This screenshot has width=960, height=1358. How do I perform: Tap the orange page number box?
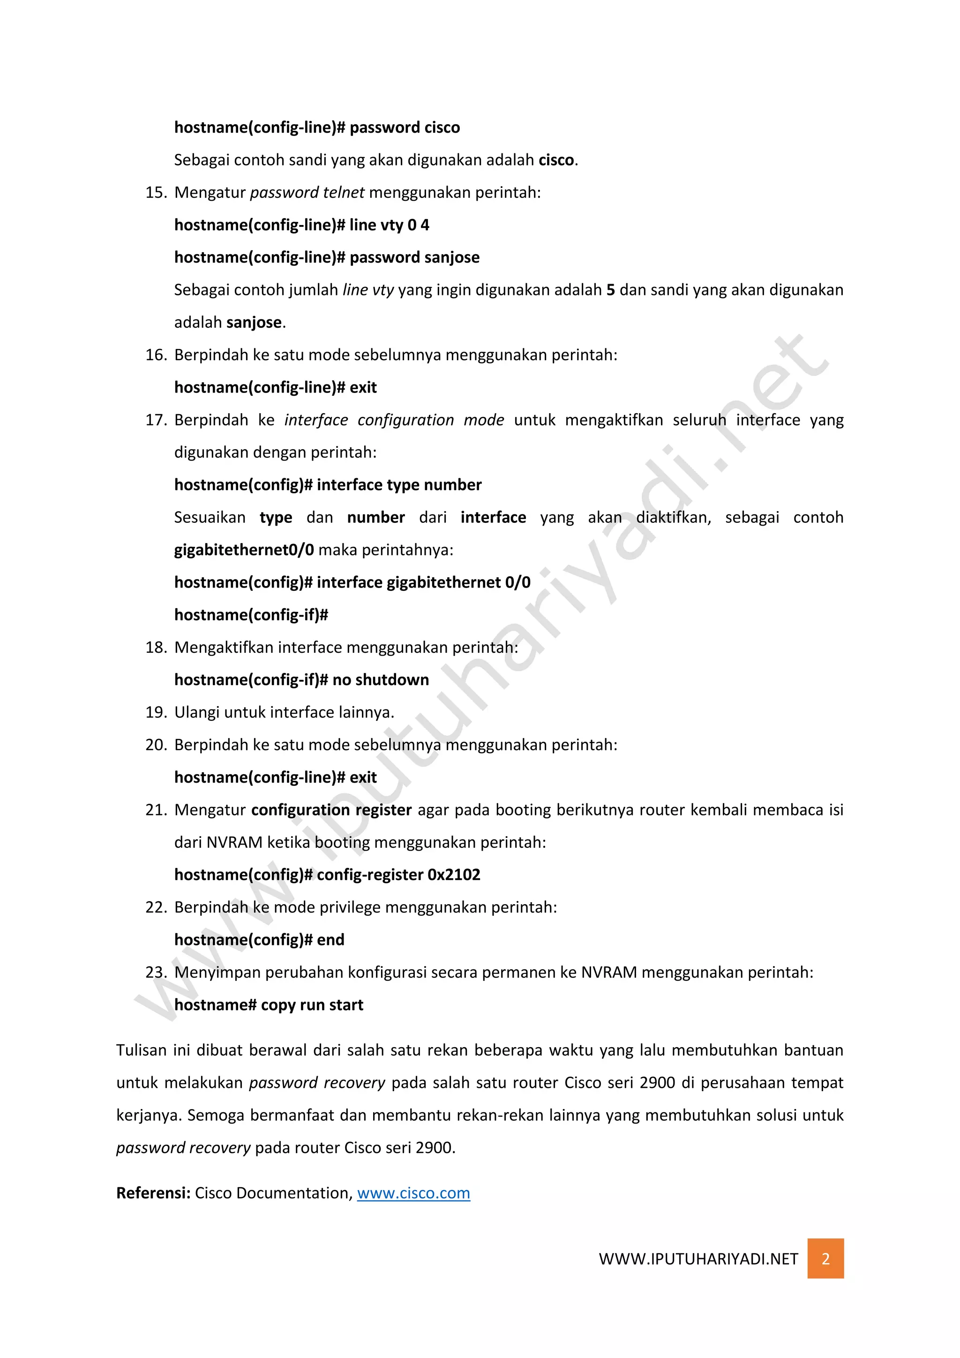825,1259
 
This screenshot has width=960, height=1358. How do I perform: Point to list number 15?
156,193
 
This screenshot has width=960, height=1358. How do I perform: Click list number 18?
156,648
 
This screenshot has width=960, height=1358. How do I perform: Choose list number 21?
156,810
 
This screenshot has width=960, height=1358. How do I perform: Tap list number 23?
156,973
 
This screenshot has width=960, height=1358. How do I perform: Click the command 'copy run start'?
312,1005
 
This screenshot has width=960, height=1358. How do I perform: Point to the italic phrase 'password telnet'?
307,193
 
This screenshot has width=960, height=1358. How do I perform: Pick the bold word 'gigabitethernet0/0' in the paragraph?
244,550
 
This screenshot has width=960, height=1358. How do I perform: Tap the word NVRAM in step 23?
609,973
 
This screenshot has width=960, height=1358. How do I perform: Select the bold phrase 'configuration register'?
331,810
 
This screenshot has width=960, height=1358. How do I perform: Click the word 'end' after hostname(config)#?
330,940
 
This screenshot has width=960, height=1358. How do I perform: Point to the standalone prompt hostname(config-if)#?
251,615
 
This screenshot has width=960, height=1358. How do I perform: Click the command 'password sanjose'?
414,258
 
